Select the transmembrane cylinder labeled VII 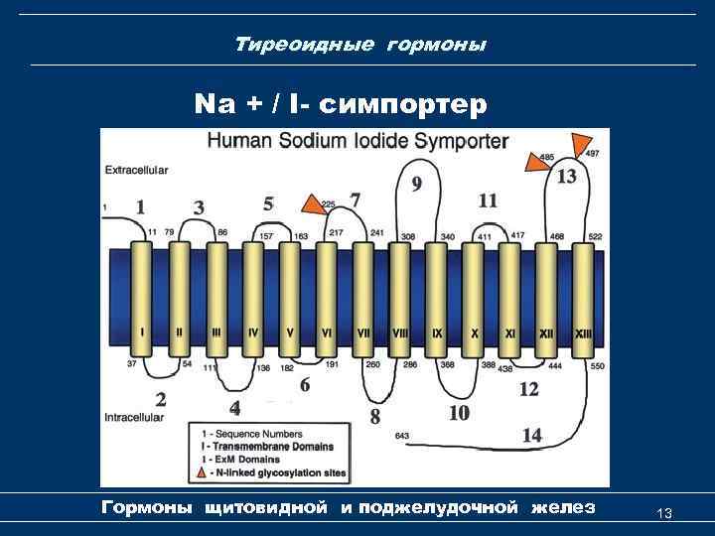[363, 297]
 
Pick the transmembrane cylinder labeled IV [253, 297]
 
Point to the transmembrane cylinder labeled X [474, 297]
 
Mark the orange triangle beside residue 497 [579, 145]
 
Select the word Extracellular [136, 170]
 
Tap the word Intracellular [135, 418]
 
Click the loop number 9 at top [417, 183]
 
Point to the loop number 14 [532, 434]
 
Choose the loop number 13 [566, 177]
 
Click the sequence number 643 [401, 436]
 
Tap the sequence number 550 [596, 366]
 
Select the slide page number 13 [664, 513]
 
